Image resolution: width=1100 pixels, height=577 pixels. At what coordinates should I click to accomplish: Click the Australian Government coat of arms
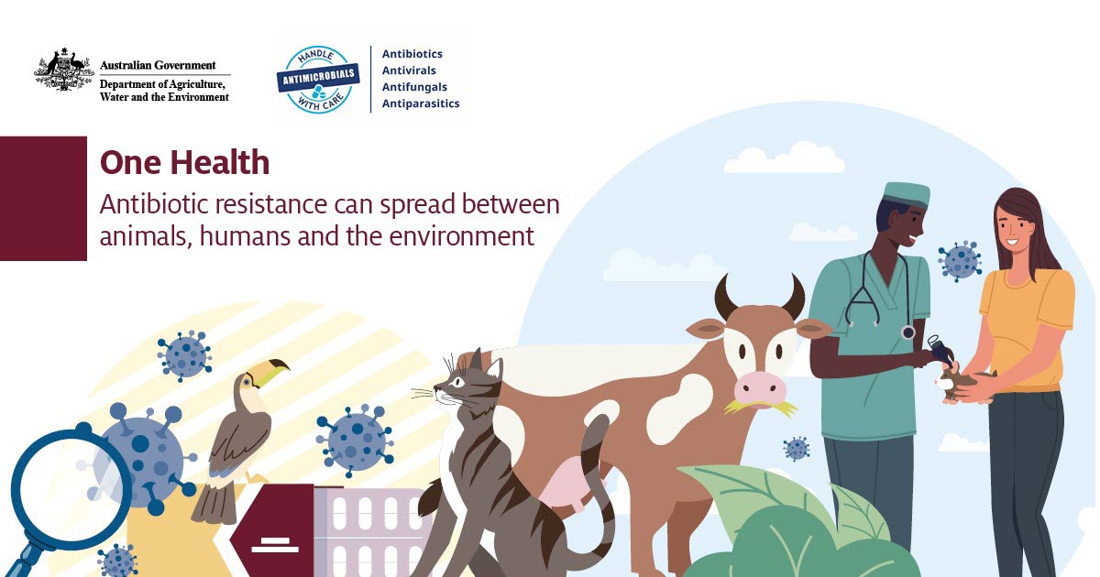coord(64,70)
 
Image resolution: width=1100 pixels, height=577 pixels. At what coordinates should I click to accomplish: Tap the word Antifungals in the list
coord(414,87)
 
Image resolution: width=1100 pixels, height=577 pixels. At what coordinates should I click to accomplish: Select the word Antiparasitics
coord(421,103)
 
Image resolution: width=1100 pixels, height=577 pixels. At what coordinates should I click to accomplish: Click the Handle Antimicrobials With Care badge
coord(318,80)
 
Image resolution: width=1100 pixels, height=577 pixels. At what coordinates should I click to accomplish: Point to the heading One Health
coord(184,162)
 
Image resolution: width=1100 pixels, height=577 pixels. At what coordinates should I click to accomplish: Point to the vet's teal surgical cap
coord(907,195)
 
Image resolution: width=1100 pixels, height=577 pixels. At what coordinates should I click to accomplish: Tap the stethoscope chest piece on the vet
coord(908,332)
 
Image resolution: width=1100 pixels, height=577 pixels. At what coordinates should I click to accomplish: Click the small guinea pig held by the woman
coord(963,384)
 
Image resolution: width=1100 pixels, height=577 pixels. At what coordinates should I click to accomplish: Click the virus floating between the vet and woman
coord(960,261)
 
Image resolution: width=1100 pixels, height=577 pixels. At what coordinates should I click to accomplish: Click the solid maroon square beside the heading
coord(43,198)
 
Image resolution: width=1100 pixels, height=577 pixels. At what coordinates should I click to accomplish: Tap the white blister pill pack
coord(373,532)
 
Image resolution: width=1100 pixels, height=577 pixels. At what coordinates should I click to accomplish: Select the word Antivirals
coord(409,71)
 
